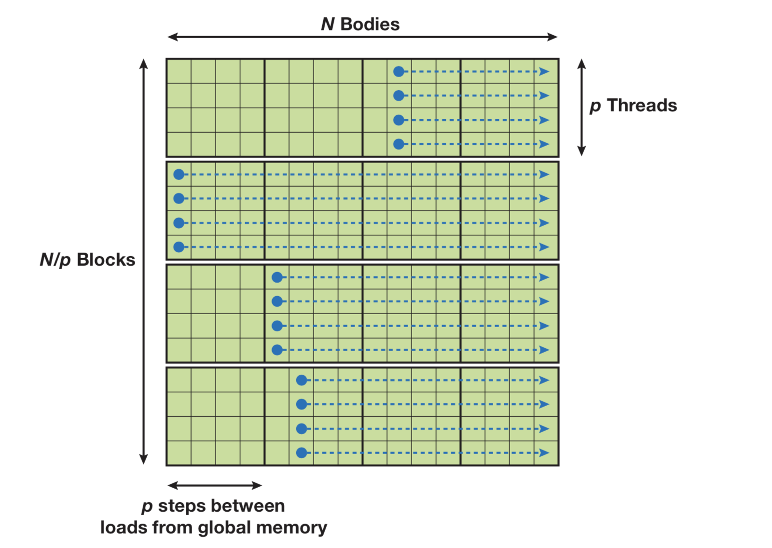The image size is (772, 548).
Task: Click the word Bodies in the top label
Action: click(370, 24)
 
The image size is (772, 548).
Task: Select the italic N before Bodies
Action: click(328, 24)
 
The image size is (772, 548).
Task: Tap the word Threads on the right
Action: click(642, 105)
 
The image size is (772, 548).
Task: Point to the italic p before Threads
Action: click(595, 106)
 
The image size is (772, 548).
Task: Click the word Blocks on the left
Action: click(106, 260)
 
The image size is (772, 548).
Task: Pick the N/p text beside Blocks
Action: click(55, 260)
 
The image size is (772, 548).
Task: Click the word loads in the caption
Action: click(118, 527)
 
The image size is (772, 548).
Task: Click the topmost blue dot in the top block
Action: click(399, 71)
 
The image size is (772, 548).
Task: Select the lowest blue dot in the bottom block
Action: click(302, 452)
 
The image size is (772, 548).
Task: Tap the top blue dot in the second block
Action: click(179, 174)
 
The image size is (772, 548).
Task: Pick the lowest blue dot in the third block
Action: click(277, 350)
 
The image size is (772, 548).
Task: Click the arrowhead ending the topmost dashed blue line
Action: click(544, 71)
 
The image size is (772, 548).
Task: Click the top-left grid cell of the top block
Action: click(179, 71)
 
